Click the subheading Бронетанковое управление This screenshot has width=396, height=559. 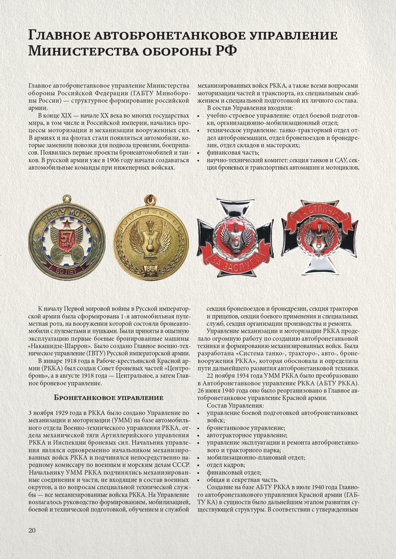pyautogui.click(x=108, y=398)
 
